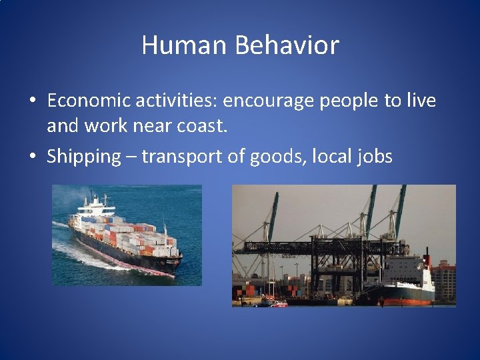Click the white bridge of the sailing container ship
(93, 207)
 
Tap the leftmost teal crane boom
(272, 217)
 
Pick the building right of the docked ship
(445, 280)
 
